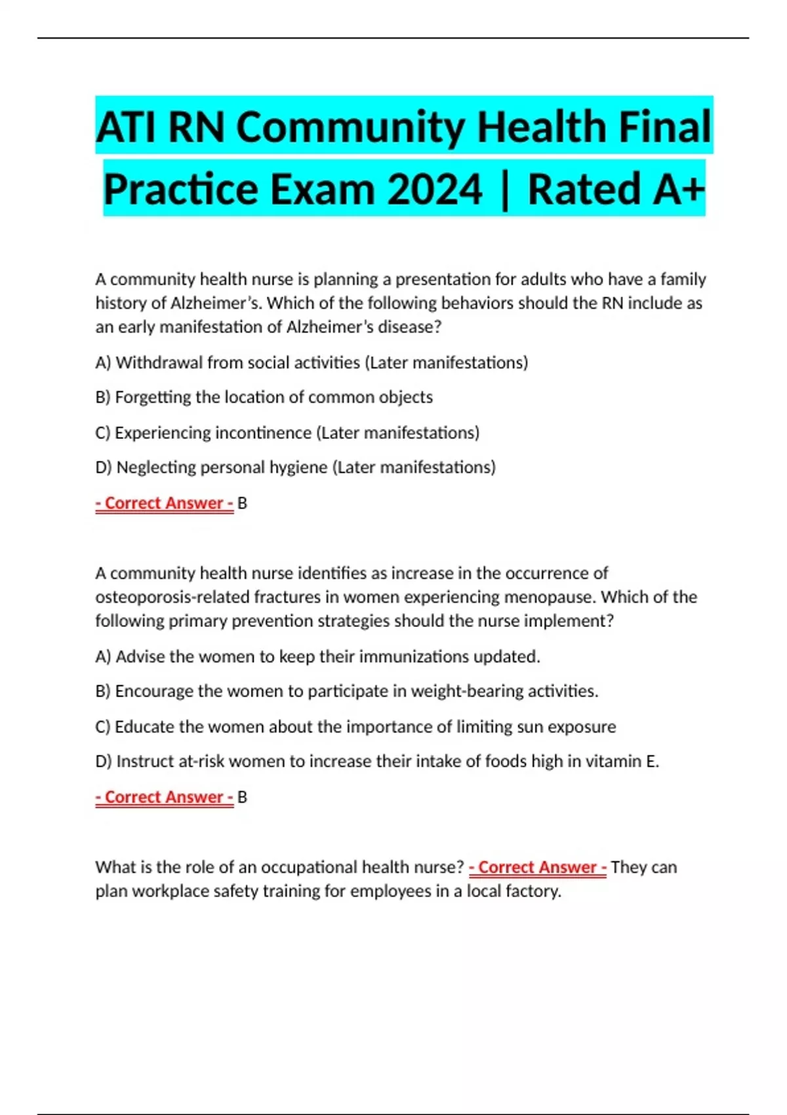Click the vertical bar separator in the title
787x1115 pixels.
pos(504,190)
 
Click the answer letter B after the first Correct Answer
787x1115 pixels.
pos(242,504)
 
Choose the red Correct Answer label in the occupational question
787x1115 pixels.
pos(538,868)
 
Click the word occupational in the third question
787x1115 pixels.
pos(308,868)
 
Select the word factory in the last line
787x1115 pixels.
pos(533,891)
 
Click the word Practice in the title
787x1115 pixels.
pos(180,190)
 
